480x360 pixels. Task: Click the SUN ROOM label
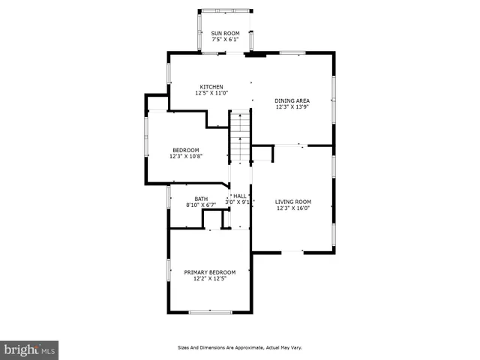point(225,33)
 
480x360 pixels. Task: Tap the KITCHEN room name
point(211,86)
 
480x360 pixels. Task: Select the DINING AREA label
point(292,100)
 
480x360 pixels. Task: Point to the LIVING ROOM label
point(292,201)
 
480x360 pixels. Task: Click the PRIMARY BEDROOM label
point(210,271)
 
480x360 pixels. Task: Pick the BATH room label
point(201,199)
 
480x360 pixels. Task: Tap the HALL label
point(240,196)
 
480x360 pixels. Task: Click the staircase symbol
point(239,136)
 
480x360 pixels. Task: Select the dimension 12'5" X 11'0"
point(211,93)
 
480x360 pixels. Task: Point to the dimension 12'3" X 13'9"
point(292,107)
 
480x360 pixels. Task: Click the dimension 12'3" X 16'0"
point(292,208)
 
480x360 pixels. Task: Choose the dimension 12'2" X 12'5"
point(210,278)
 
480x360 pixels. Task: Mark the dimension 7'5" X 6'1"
point(225,40)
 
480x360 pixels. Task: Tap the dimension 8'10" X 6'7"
point(201,205)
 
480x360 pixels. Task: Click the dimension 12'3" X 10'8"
point(186,156)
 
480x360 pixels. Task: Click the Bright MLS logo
point(29,350)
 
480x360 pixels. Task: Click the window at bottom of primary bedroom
point(210,312)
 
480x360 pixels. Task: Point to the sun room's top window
point(225,10)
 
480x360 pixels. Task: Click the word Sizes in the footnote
point(184,347)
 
